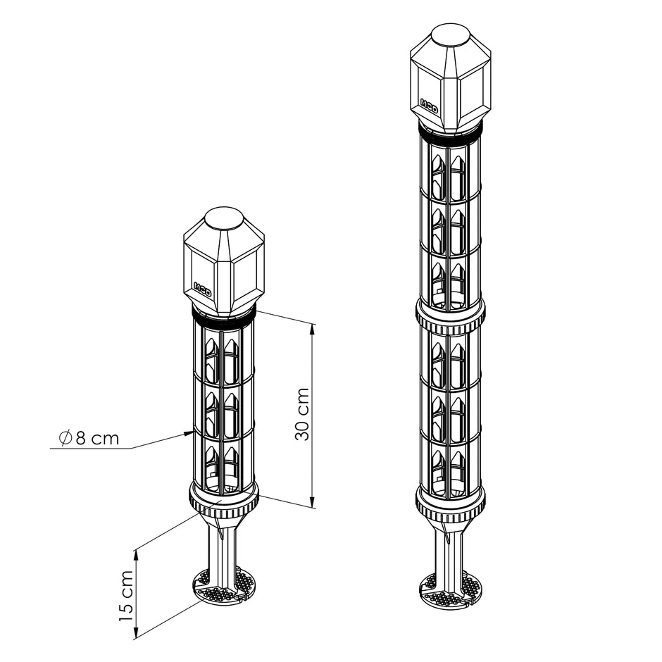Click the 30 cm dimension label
(302, 414)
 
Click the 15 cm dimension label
(125, 595)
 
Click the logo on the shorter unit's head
(202, 287)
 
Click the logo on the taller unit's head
(428, 104)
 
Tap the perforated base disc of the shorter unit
(224, 586)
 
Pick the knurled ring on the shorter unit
(224, 499)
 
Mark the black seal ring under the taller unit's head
(450, 132)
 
